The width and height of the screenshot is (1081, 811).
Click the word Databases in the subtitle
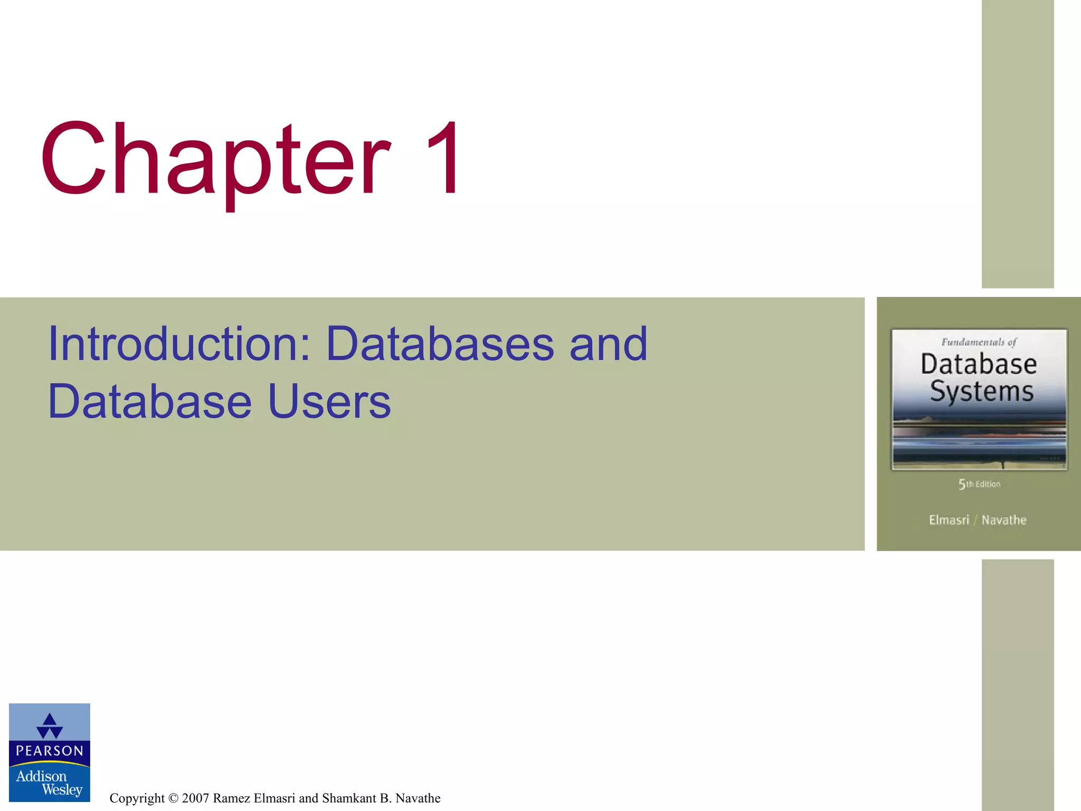click(x=440, y=344)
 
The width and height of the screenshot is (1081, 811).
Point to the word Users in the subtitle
click(x=329, y=402)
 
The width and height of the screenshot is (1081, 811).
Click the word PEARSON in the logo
click(x=50, y=751)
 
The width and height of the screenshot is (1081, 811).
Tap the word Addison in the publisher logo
click(x=41, y=776)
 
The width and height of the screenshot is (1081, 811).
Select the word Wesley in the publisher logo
click(x=62, y=790)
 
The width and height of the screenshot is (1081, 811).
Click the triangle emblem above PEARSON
click(x=50, y=725)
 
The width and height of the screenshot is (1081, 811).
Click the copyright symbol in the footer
click(x=173, y=798)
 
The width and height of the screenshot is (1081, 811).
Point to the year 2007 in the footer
click(x=195, y=798)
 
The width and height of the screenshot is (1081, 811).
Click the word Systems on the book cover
click(x=981, y=392)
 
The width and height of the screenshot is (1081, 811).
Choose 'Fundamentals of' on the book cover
click(x=979, y=342)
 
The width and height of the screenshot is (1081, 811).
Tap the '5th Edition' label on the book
click(x=979, y=484)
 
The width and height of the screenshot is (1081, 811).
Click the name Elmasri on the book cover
click(x=949, y=520)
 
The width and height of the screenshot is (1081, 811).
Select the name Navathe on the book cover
click(x=1003, y=520)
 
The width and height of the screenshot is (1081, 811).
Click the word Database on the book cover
click(x=979, y=364)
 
